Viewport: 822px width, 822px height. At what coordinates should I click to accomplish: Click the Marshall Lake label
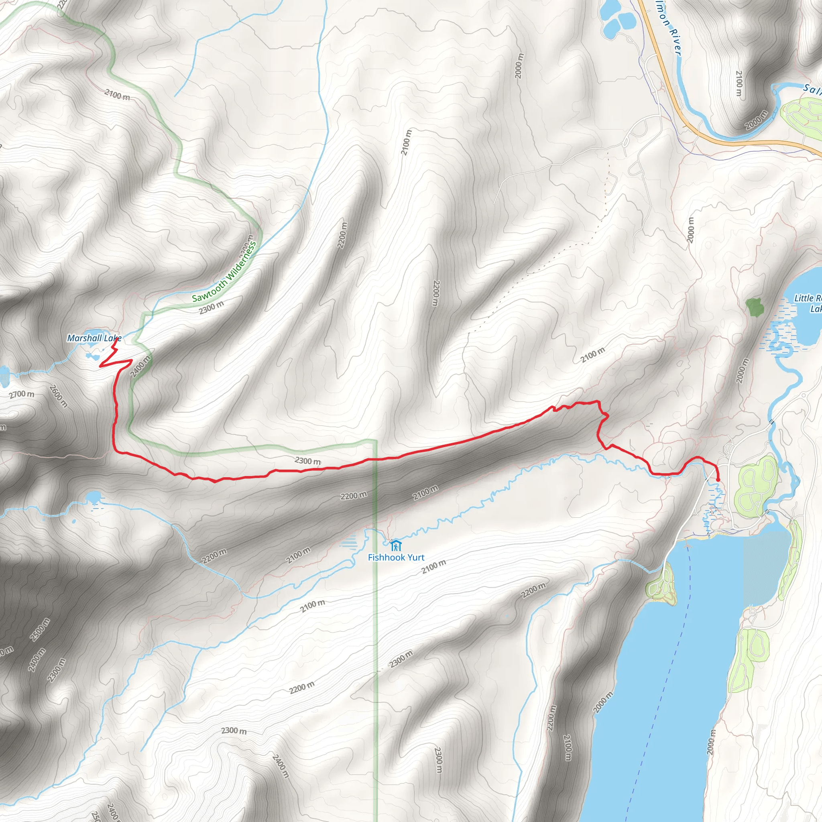[x=94, y=338]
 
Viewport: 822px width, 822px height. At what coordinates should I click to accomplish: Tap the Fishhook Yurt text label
[x=396, y=557]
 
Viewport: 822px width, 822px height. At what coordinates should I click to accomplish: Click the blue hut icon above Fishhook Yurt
[x=396, y=545]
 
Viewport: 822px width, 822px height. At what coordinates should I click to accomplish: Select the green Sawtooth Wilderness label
[x=225, y=272]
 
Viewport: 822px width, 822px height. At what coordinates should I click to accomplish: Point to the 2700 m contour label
[x=22, y=395]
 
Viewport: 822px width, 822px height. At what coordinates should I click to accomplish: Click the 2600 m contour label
[x=58, y=396]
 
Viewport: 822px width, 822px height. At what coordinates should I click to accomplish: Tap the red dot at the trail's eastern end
[x=718, y=480]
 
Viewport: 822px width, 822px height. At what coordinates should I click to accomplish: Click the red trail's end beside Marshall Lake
[x=116, y=339]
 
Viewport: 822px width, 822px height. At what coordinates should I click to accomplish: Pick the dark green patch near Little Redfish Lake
[x=754, y=306]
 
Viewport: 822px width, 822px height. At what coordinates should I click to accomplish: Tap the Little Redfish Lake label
[x=808, y=303]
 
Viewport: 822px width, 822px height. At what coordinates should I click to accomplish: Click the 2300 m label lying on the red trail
[x=307, y=461]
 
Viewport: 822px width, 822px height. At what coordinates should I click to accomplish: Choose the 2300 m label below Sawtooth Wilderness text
[x=211, y=307]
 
